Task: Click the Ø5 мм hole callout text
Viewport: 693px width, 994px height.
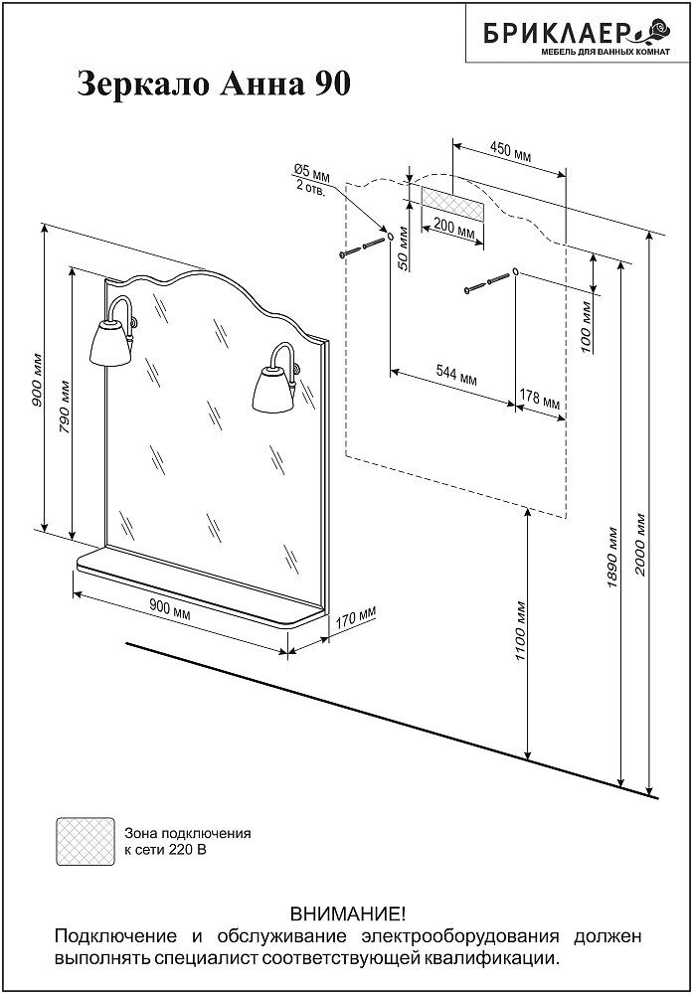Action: (x=311, y=179)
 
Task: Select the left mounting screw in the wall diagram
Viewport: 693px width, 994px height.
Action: (x=362, y=248)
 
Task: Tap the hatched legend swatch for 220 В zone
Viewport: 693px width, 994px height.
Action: (x=86, y=842)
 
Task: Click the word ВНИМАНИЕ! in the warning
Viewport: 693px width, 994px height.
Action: (x=347, y=912)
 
